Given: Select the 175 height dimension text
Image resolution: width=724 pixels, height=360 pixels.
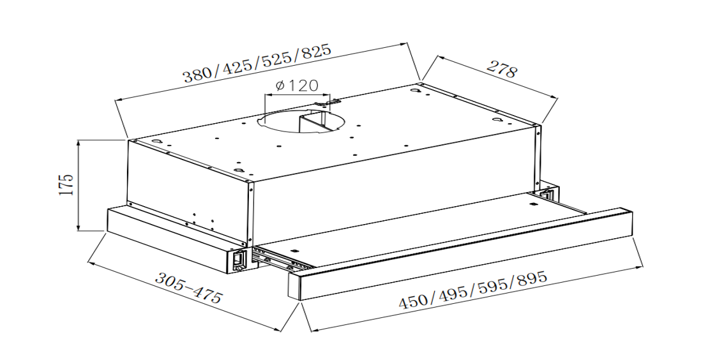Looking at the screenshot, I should click(67, 184).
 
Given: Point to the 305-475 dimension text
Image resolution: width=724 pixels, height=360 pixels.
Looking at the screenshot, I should click(189, 288).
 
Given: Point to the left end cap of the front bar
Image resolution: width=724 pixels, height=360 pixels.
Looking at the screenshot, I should click(295, 287).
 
